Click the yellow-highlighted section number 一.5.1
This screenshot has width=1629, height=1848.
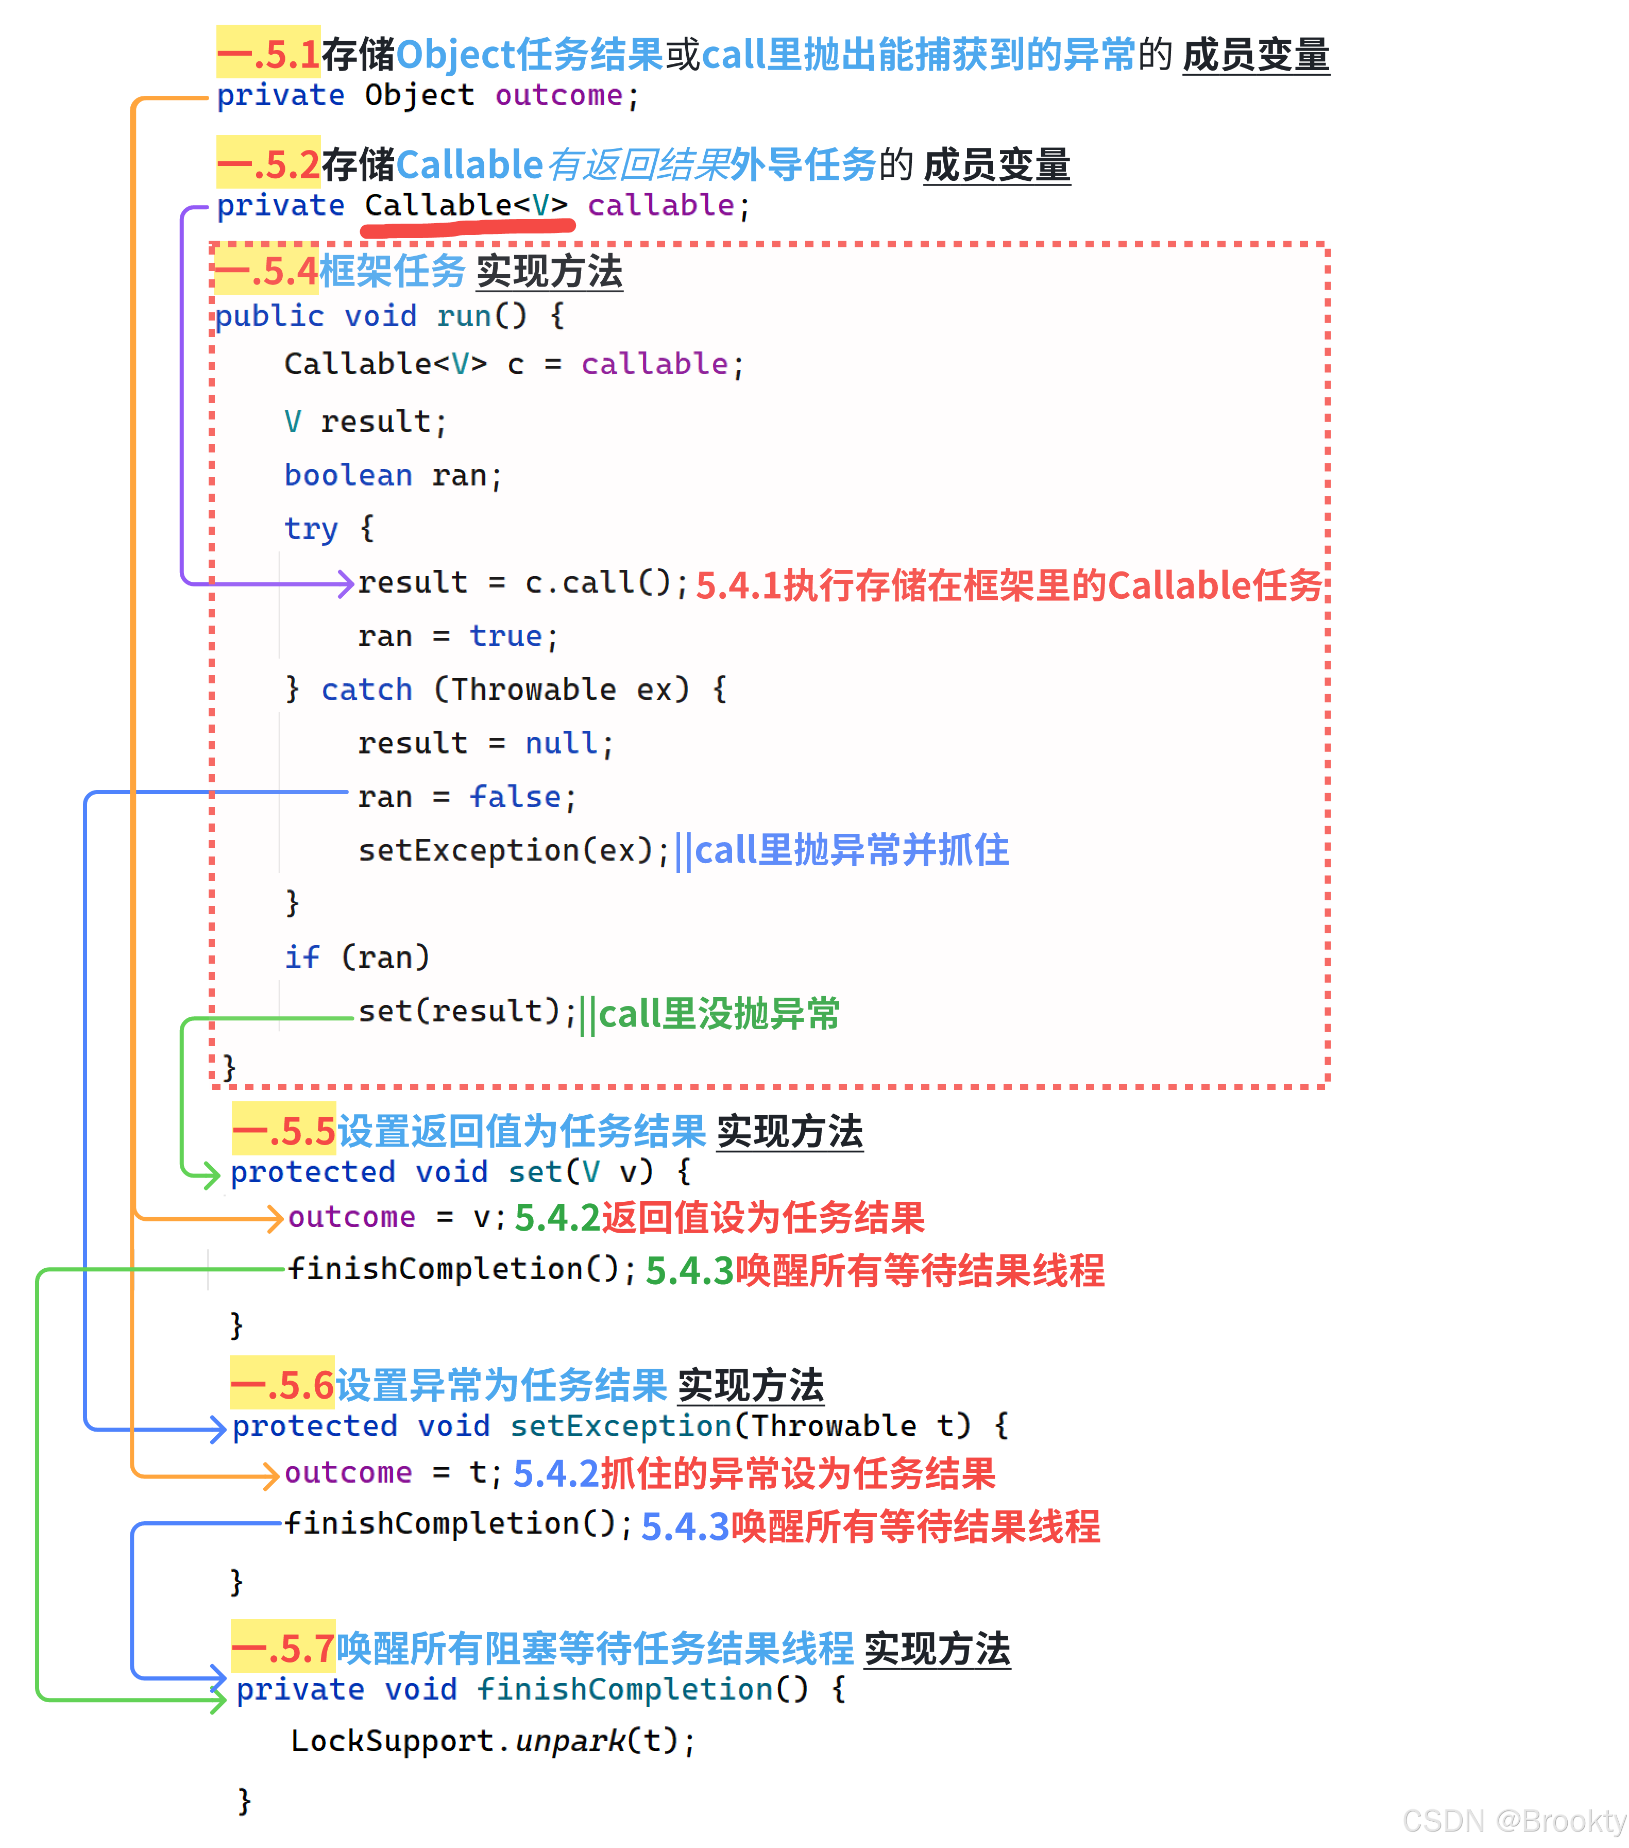point(268,54)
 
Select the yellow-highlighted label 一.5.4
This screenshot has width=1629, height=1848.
point(267,271)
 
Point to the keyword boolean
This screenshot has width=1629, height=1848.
point(348,476)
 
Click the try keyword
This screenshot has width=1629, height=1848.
point(310,529)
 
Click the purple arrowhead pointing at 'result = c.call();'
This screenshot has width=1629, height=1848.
point(345,583)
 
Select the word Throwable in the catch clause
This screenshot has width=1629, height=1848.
point(533,690)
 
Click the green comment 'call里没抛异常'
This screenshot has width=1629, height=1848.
point(719,1014)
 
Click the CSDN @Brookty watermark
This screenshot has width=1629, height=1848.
point(1514,1821)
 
